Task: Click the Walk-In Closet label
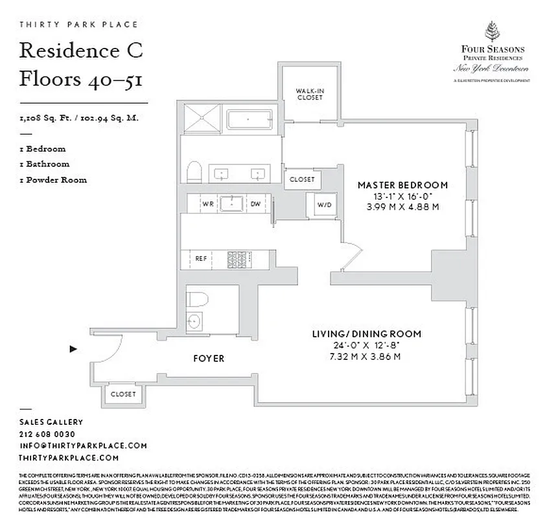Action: [310, 94]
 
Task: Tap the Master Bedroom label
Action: [402, 185]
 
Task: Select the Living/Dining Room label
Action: [366, 334]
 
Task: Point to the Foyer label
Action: [209, 358]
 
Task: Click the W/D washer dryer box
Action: [323, 205]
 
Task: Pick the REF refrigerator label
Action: [201, 258]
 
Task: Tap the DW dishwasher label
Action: [255, 203]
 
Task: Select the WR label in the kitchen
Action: [208, 203]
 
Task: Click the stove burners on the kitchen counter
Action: [233, 258]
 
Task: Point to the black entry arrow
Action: [73, 350]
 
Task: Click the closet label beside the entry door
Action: [123, 394]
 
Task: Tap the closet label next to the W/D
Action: [301, 179]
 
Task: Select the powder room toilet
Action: [198, 298]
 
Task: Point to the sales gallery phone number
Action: [47, 434]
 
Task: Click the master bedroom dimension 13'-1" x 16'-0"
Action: [402, 196]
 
